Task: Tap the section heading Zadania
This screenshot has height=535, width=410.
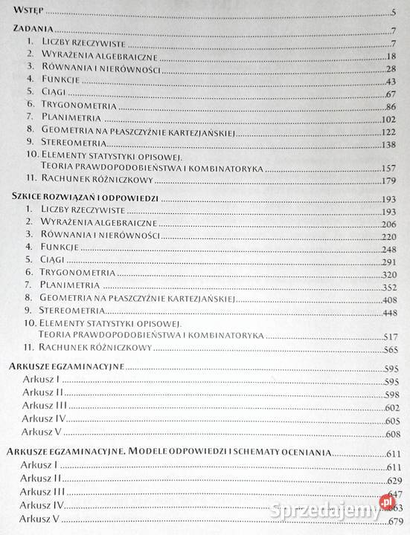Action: tap(33, 30)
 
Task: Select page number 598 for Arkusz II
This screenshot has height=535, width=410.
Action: tap(392, 395)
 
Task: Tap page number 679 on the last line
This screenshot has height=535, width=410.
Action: tap(394, 519)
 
